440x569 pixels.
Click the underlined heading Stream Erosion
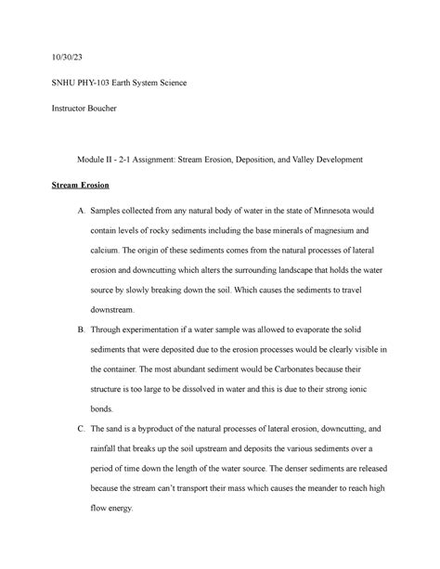pos(81,187)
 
